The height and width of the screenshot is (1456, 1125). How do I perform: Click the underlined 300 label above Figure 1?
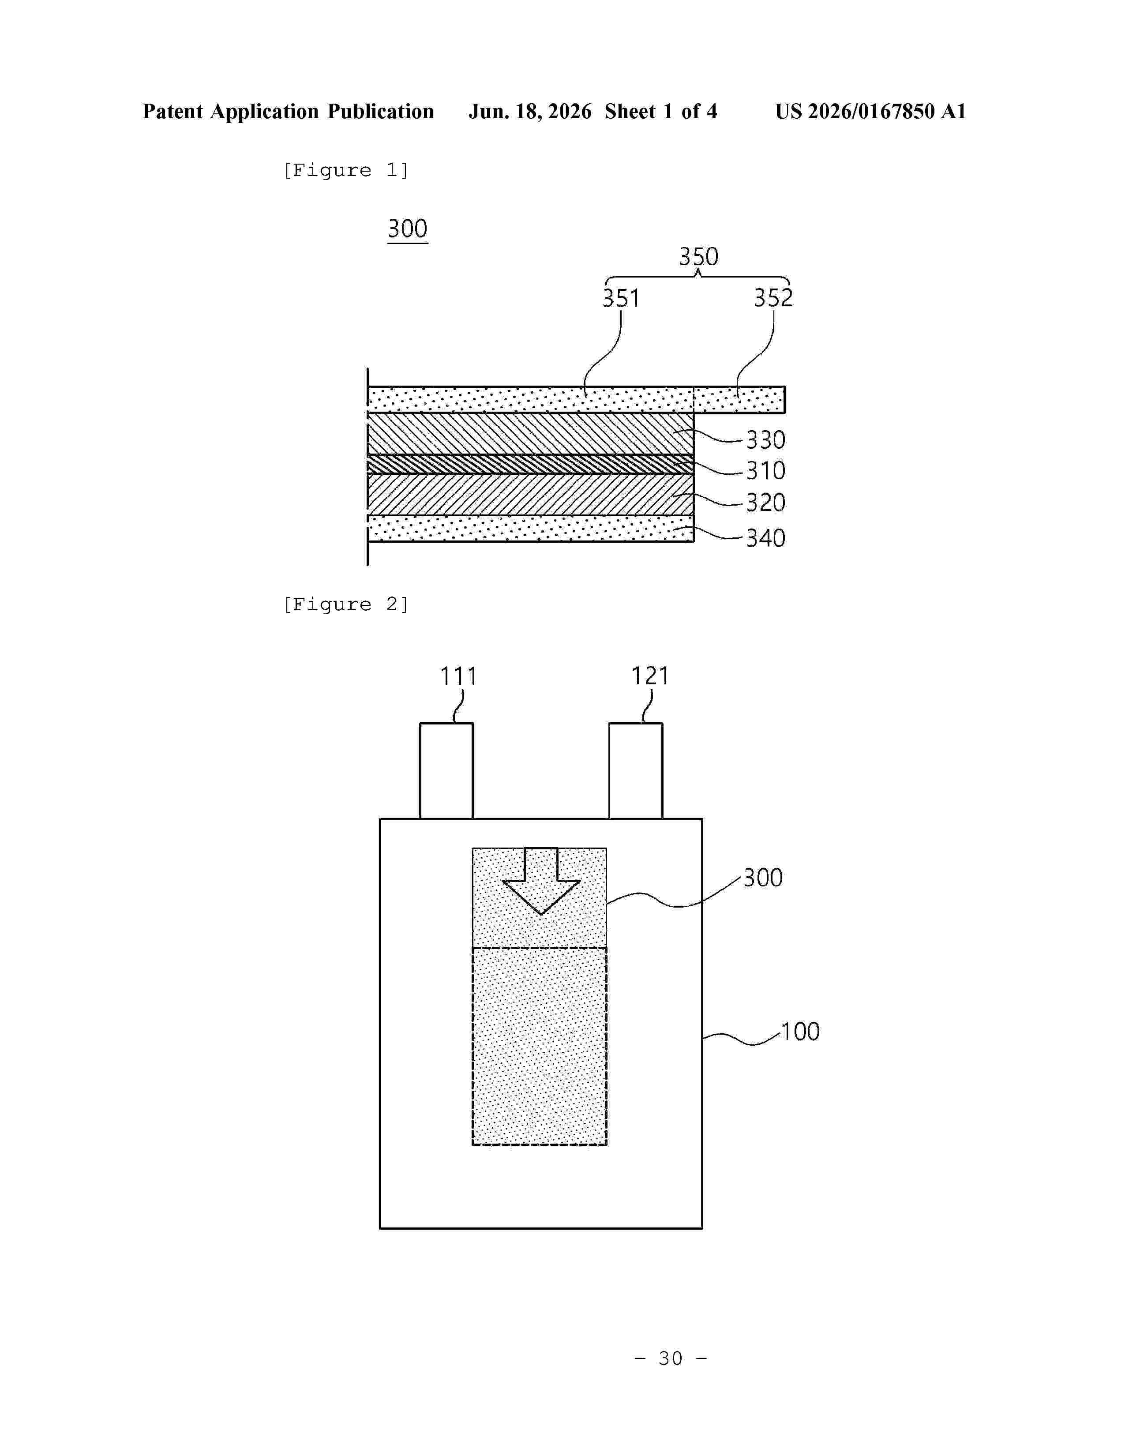point(407,229)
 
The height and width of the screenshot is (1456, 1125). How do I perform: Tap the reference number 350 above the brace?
point(698,257)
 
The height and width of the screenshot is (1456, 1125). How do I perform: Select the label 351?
point(621,298)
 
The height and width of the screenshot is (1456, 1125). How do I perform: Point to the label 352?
point(773,297)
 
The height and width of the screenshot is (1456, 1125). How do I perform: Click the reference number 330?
point(765,440)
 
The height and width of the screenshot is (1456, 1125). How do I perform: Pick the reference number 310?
point(765,471)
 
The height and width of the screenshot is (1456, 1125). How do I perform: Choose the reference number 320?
point(765,502)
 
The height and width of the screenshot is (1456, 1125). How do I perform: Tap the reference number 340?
point(765,538)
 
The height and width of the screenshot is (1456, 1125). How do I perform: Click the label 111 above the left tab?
point(458,677)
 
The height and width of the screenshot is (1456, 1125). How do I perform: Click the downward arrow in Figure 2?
point(540,881)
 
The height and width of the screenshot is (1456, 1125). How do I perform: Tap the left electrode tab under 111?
point(446,771)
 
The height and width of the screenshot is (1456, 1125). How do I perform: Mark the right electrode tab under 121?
point(636,771)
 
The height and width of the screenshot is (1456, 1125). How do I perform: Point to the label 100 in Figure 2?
point(800,1032)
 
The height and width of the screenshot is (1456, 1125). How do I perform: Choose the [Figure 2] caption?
point(346,604)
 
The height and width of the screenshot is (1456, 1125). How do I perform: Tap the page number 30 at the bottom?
point(671,1358)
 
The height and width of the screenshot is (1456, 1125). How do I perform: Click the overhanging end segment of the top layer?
point(739,399)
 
